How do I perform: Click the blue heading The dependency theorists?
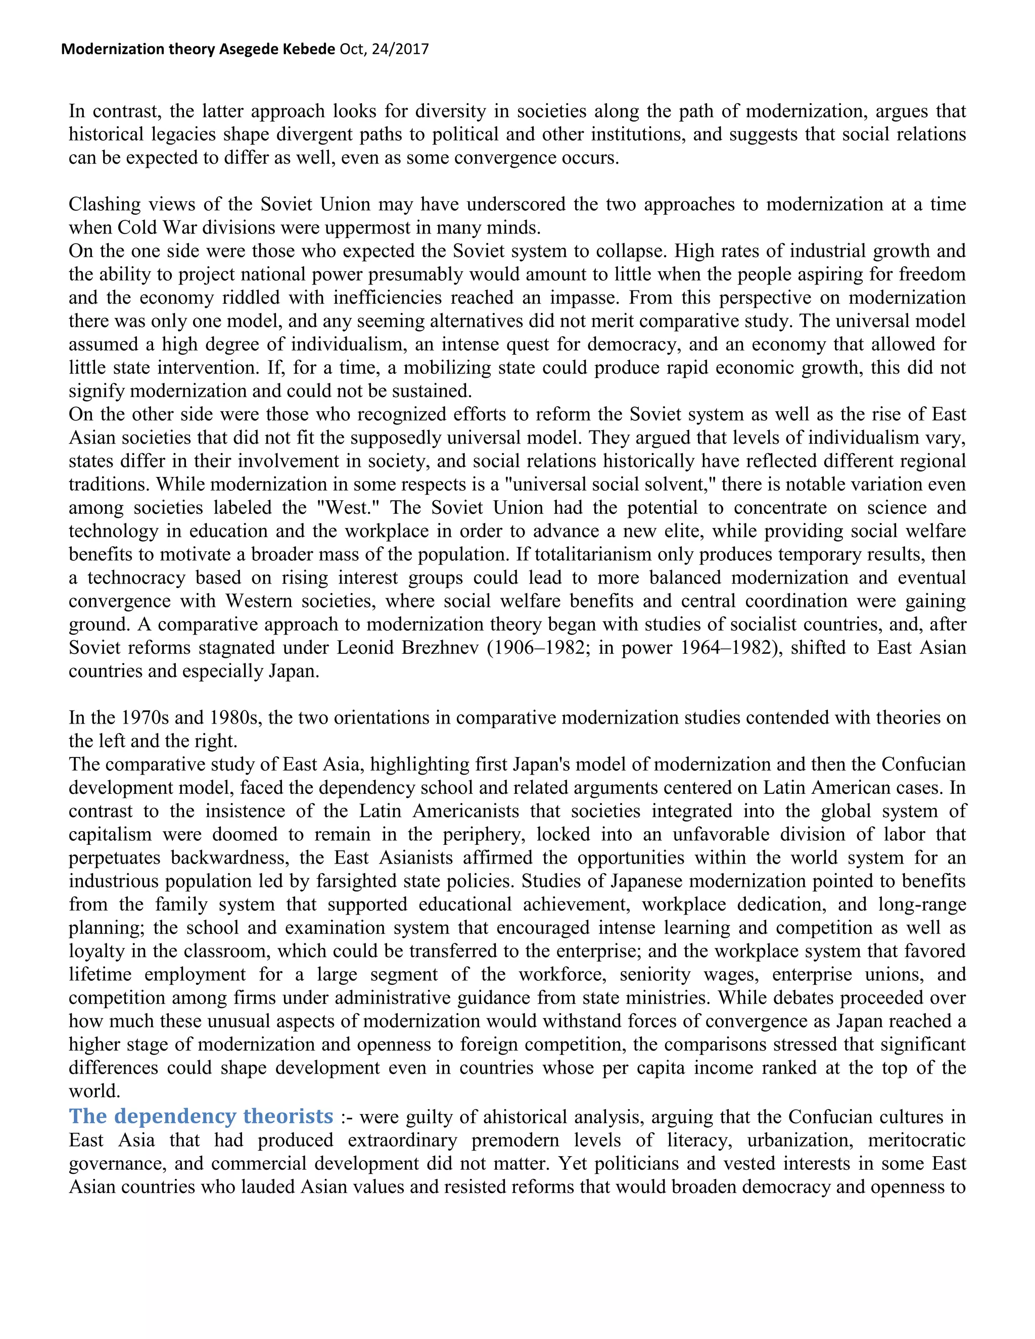(201, 1116)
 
